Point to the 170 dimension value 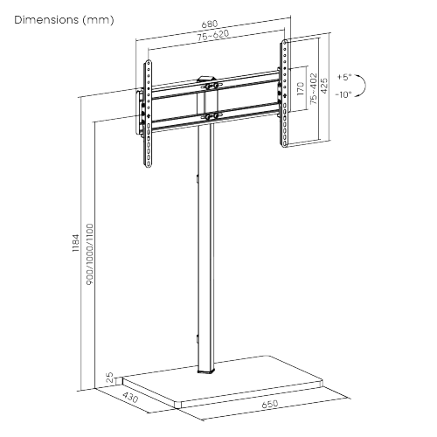pos(299,89)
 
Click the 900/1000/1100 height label pos(90,253)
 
